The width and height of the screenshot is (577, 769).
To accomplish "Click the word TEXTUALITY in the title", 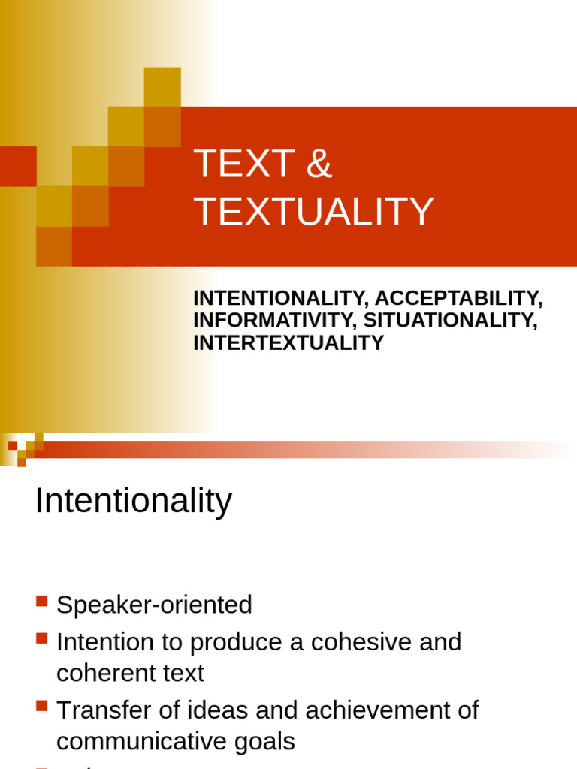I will click(x=314, y=212).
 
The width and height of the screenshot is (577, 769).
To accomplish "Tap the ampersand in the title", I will click(x=319, y=164).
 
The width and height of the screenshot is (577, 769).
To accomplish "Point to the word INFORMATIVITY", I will click(x=276, y=321).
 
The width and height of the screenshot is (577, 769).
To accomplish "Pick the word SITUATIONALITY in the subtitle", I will click(x=452, y=321).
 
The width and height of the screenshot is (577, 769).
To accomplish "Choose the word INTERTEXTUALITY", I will click(x=288, y=343).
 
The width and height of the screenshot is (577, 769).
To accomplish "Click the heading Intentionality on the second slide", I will click(x=134, y=501).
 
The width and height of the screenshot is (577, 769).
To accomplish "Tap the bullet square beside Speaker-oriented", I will click(x=41, y=601).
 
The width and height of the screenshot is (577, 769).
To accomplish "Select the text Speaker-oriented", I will click(x=154, y=605).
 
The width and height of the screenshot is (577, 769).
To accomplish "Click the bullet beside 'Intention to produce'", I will click(x=41, y=638).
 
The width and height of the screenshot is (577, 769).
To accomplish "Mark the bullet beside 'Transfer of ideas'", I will click(x=41, y=706).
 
